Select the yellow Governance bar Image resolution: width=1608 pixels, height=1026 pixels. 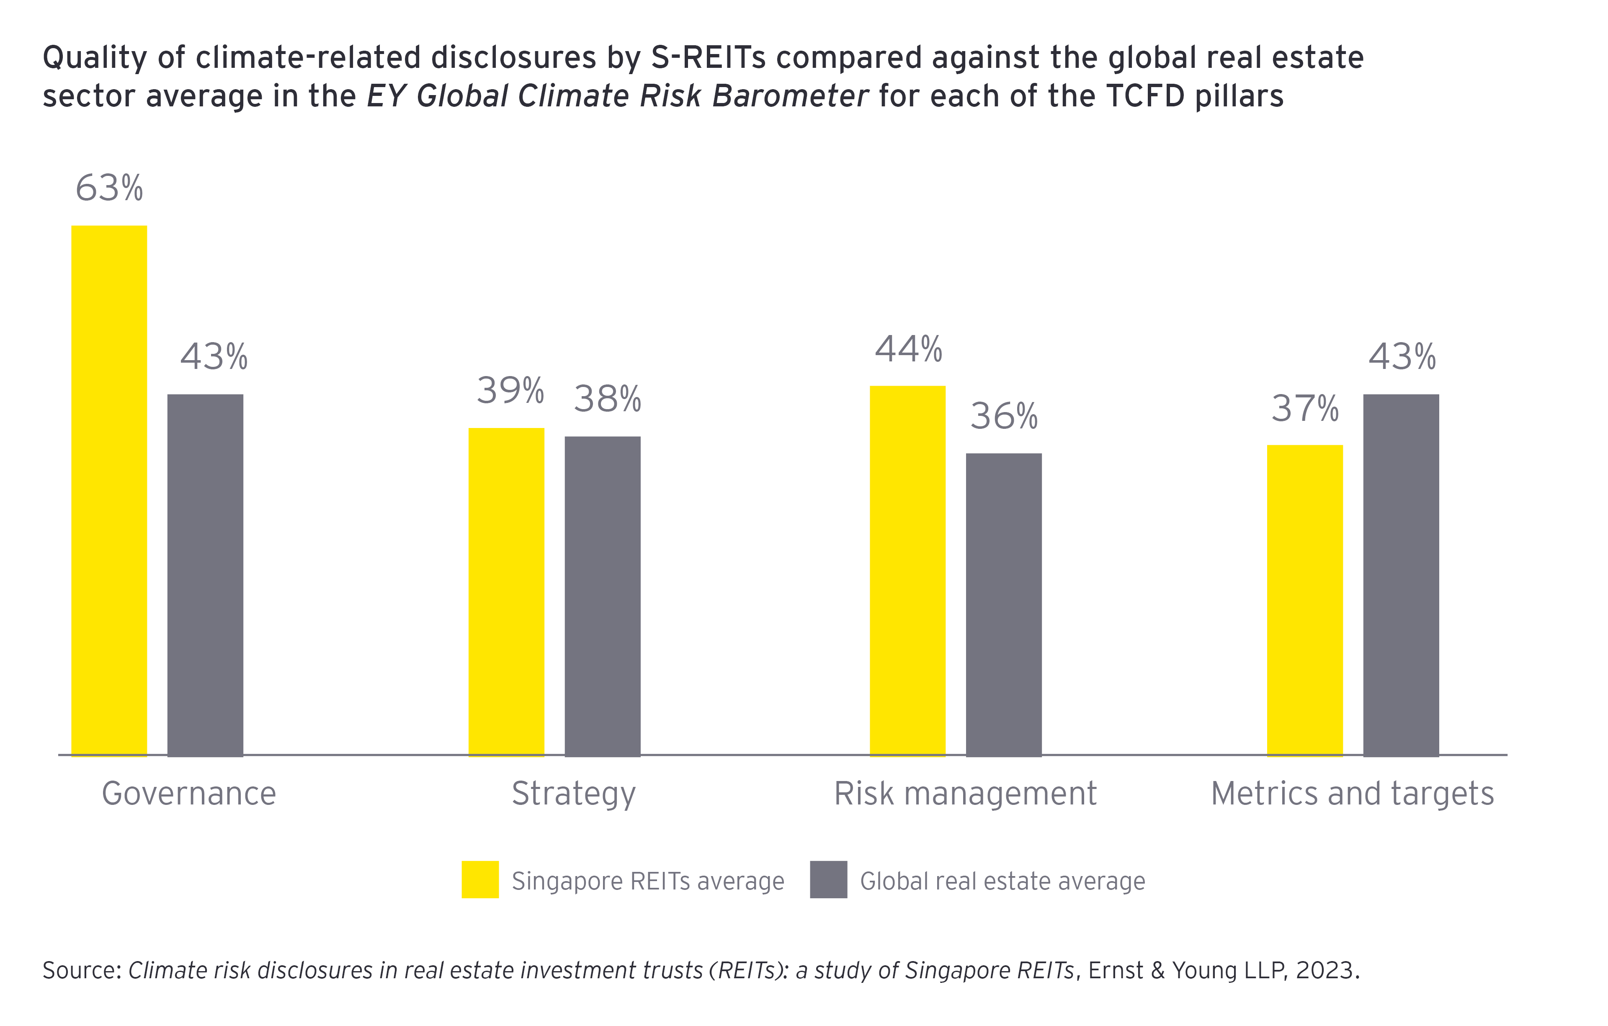pos(109,491)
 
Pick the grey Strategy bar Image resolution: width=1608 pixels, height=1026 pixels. pos(602,596)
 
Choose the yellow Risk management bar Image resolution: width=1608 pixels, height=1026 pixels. pos(907,571)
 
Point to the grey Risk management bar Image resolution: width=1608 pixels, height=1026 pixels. pos(1004,605)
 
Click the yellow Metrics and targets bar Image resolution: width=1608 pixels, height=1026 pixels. pos(1305,601)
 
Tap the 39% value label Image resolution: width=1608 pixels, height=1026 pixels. pos(510,390)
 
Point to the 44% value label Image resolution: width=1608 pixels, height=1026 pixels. pos(908,349)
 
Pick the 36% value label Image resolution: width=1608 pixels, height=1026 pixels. pos(1004,416)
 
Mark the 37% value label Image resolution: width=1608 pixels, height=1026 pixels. pos(1305,408)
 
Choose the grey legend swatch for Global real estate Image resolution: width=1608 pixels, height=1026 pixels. pos(828,880)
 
